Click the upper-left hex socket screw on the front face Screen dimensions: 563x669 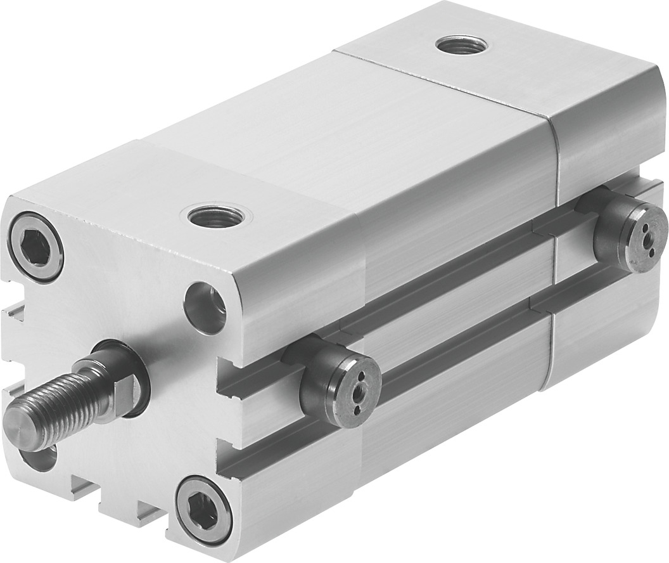point(35,247)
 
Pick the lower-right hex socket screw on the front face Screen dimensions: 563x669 point(203,510)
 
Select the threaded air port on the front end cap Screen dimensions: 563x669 point(218,217)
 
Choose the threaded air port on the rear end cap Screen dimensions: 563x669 point(462,45)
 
